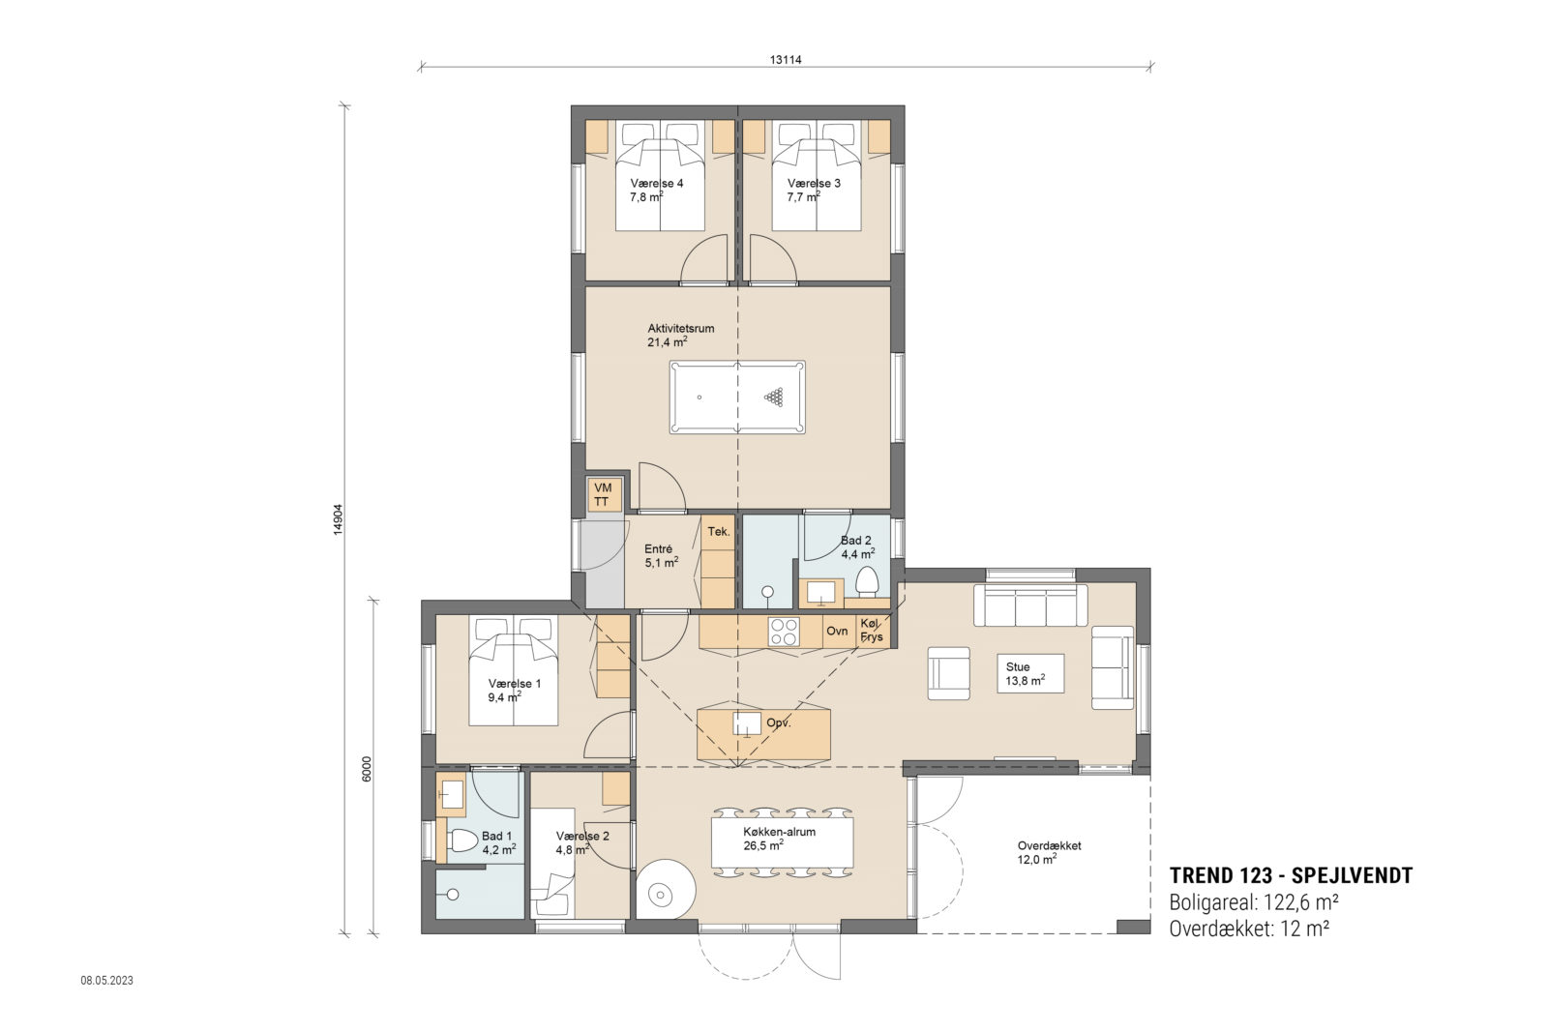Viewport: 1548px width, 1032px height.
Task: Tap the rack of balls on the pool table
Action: (774, 396)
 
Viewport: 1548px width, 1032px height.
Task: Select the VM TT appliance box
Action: (602, 494)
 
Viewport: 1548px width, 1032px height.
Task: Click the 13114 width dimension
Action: (787, 59)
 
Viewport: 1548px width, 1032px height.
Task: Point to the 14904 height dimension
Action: (339, 519)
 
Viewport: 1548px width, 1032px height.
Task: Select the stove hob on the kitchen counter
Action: (783, 632)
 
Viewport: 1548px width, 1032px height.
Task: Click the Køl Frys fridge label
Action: (871, 631)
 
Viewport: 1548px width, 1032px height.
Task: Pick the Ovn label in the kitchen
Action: (837, 631)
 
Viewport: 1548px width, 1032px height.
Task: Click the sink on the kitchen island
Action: (746, 724)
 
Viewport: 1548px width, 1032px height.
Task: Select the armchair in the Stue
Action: (948, 672)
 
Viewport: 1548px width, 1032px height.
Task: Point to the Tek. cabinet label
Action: (718, 532)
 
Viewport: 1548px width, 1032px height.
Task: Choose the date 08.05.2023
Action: (106, 980)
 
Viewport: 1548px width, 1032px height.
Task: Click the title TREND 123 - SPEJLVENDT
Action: (1291, 876)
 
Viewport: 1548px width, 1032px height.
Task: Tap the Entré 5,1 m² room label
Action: (661, 554)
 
